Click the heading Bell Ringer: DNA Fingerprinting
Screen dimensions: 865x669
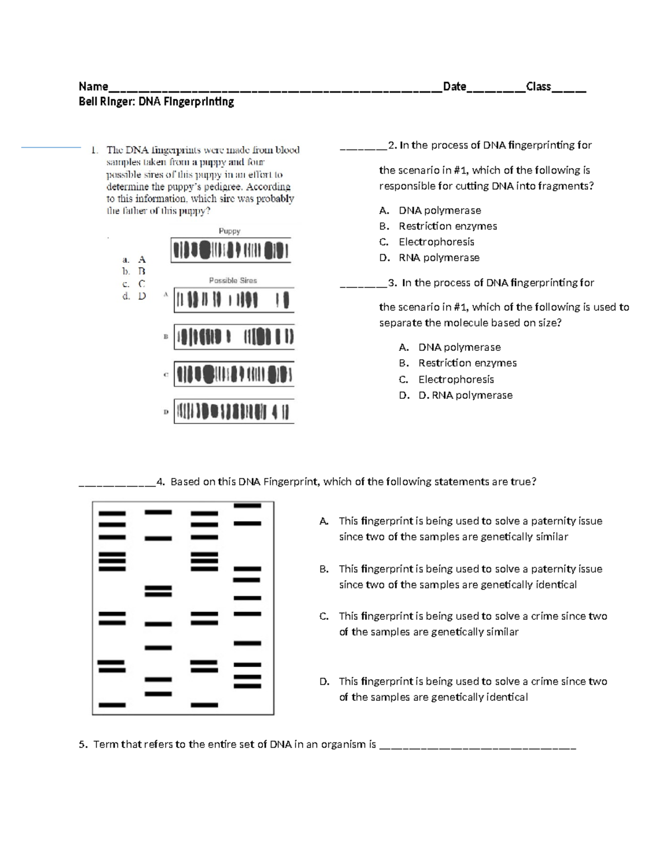pos(156,102)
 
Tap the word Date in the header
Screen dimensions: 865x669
pos(454,86)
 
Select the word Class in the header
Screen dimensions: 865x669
pos(539,86)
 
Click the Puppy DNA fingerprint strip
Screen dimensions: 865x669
pos(230,251)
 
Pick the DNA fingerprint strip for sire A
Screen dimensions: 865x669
pos(234,300)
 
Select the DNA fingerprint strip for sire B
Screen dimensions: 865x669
pos(234,337)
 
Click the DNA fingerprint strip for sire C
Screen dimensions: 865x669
pos(234,374)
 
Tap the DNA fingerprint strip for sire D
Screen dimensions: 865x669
pos(234,412)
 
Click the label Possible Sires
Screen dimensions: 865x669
pos(232,281)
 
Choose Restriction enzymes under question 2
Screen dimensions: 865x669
pos(447,226)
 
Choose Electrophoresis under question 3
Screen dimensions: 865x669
pos(456,379)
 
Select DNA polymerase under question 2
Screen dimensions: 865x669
pos(439,211)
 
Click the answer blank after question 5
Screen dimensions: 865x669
pos(477,746)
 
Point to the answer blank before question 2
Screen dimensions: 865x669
pos(363,148)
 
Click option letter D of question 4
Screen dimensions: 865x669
pos(324,681)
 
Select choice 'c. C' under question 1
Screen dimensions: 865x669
pos(134,284)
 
